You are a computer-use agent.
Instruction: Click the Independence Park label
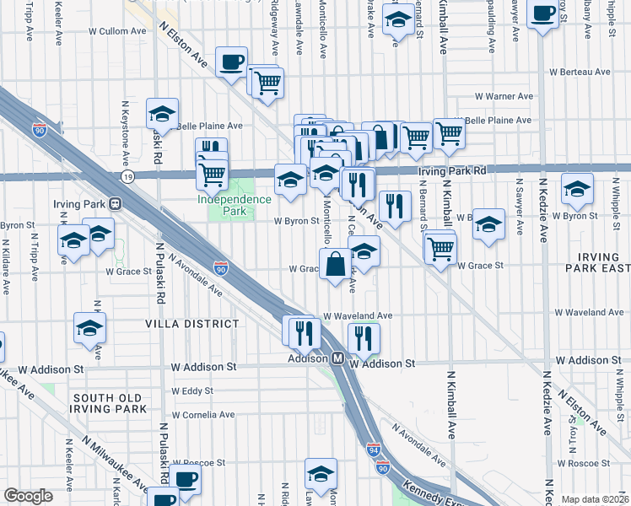click(x=235, y=205)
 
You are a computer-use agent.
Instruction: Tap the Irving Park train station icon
click(x=115, y=204)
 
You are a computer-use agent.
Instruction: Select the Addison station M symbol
click(x=336, y=358)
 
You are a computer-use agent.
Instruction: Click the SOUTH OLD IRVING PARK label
click(x=110, y=403)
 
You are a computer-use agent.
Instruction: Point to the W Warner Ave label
click(x=504, y=96)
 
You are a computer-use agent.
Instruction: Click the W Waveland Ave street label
click(x=358, y=315)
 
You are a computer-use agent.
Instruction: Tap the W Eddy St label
click(x=191, y=391)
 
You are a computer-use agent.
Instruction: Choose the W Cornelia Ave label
click(x=202, y=415)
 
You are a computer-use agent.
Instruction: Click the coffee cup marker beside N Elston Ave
click(x=231, y=62)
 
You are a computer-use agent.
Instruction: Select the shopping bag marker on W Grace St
click(x=336, y=264)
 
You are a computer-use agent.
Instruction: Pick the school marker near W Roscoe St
click(x=321, y=474)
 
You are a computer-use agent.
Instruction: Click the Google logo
click(x=29, y=496)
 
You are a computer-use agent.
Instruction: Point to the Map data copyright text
click(x=594, y=499)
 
